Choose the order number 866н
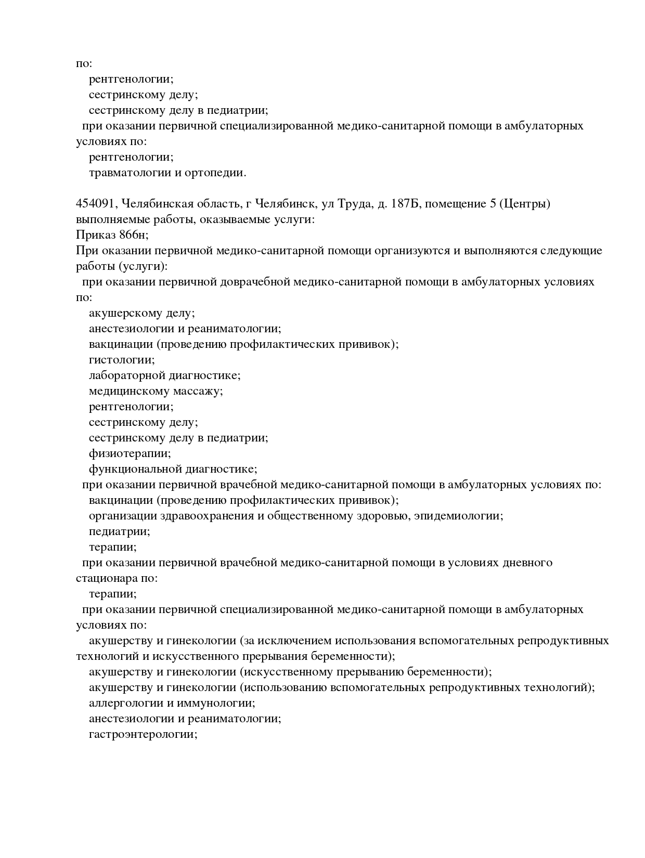pos(134,235)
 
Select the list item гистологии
pos(121,360)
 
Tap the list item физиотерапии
pos(130,453)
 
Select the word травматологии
pos(130,173)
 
